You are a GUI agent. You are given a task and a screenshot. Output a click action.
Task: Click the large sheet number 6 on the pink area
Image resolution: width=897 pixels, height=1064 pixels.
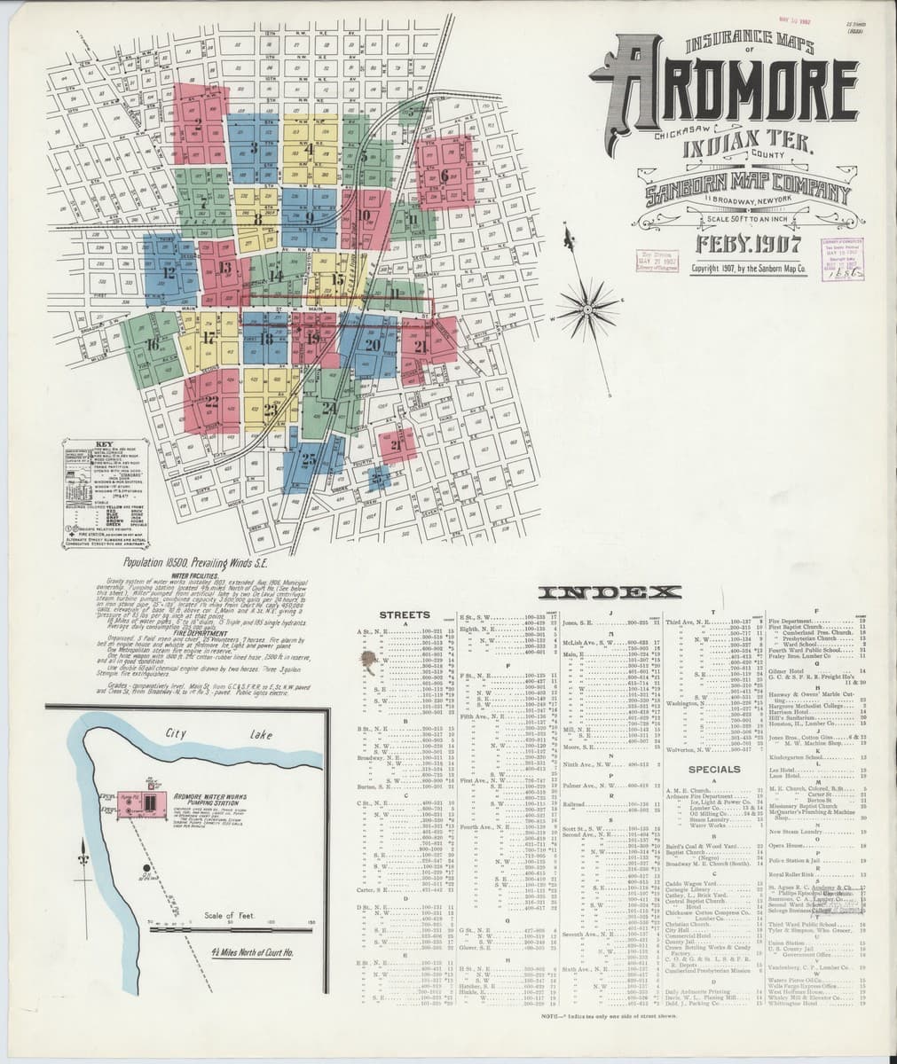click(444, 175)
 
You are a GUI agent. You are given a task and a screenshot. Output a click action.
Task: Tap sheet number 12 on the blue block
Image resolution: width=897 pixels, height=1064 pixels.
click(169, 272)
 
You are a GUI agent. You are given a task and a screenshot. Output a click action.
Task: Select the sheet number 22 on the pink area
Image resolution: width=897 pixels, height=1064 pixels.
click(211, 401)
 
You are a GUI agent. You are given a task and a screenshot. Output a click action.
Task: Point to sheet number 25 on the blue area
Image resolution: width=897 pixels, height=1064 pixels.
click(308, 458)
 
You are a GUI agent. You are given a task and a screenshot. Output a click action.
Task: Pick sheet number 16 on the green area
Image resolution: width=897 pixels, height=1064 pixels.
click(153, 343)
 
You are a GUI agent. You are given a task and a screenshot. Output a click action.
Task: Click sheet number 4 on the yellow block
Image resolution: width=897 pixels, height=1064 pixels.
click(309, 149)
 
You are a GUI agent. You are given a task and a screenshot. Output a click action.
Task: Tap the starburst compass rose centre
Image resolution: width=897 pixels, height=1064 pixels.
click(586, 308)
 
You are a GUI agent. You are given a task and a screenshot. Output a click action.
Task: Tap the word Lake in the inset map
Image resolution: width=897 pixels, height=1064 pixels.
click(263, 734)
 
